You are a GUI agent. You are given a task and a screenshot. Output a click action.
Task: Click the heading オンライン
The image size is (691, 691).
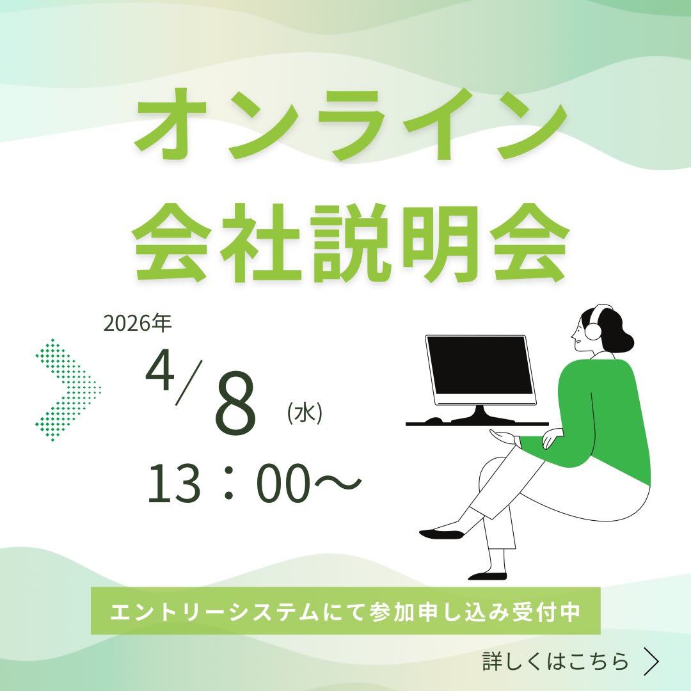[x=351, y=125]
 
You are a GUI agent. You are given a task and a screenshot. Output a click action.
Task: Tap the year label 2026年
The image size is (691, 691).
[x=137, y=324]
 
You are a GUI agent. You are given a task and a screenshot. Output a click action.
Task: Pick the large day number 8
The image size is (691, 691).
[x=235, y=404]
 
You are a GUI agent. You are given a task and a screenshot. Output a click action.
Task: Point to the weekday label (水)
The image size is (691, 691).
[x=305, y=413]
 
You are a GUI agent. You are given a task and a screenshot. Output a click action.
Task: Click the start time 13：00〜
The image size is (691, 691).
[x=254, y=484]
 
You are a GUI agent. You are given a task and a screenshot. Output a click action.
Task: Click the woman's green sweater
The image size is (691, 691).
[x=600, y=418]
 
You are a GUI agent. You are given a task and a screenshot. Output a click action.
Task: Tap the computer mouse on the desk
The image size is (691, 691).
[x=433, y=420]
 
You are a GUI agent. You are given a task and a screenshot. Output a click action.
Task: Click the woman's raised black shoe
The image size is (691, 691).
[x=441, y=534]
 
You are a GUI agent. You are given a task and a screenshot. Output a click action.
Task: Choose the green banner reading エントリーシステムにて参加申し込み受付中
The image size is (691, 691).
[x=345, y=611]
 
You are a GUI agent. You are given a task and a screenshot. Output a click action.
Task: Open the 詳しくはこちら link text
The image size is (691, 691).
[x=555, y=661]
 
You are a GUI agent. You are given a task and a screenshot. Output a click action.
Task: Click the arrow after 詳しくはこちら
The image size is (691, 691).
[x=651, y=661]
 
